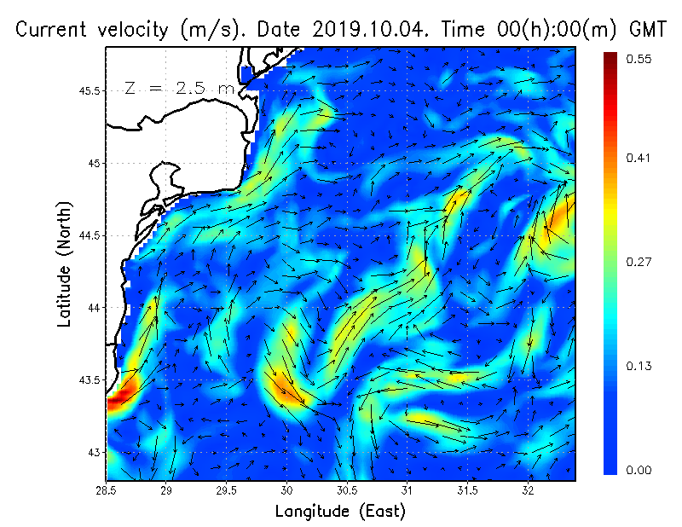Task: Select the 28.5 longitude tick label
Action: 107,491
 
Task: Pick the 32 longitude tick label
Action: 528,491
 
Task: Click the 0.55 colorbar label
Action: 639,59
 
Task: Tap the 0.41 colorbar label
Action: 639,158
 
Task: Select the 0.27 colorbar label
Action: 639,263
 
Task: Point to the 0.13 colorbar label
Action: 639,367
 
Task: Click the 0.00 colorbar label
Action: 639,470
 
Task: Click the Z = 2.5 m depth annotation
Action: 178,88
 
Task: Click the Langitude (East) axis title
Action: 340,511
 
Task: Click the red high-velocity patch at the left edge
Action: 120,396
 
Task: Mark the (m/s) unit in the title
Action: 205,29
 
